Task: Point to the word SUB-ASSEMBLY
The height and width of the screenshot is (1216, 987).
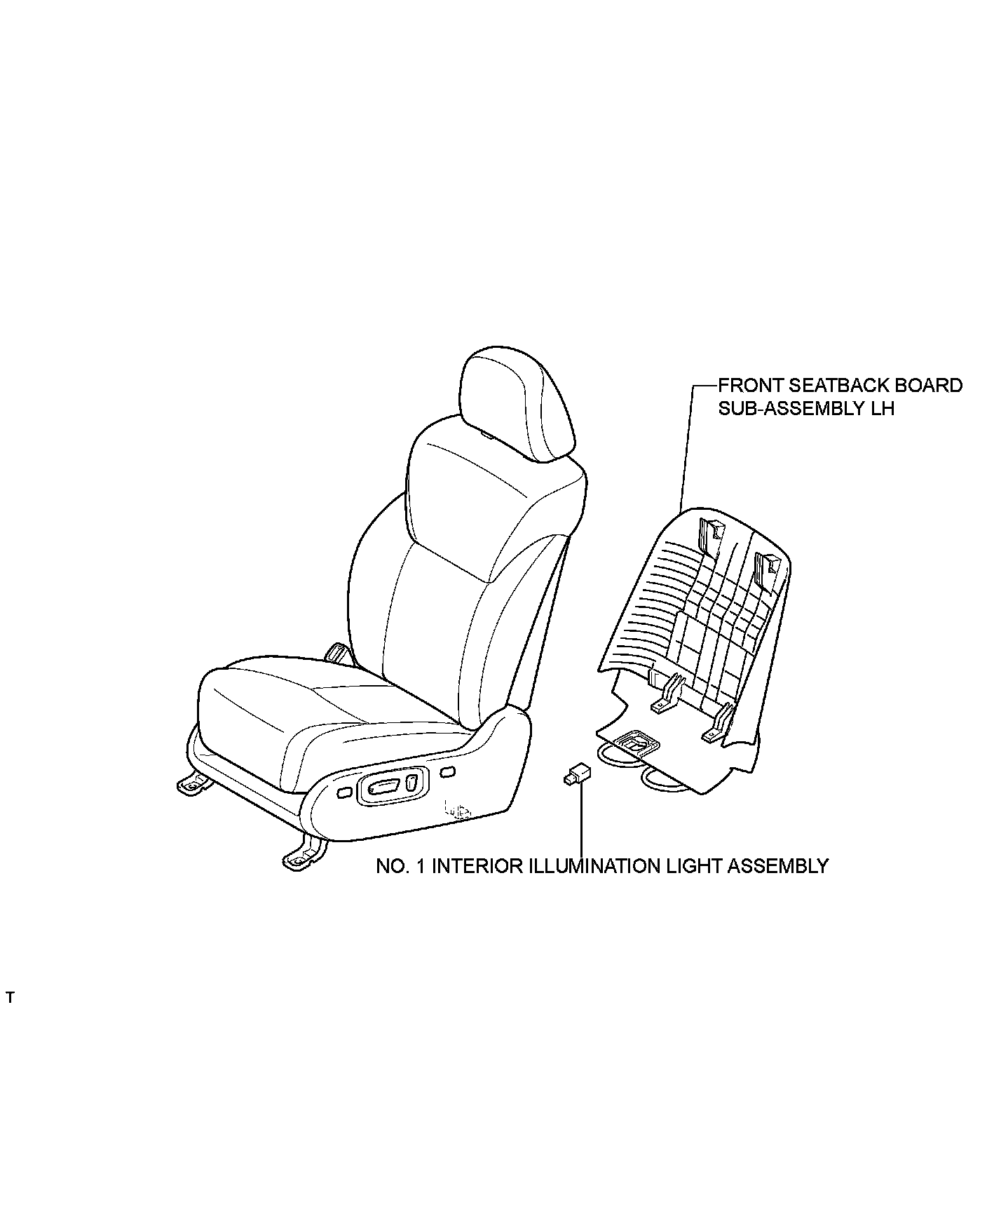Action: (784, 408)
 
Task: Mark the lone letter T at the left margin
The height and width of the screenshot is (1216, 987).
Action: (10, 998)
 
